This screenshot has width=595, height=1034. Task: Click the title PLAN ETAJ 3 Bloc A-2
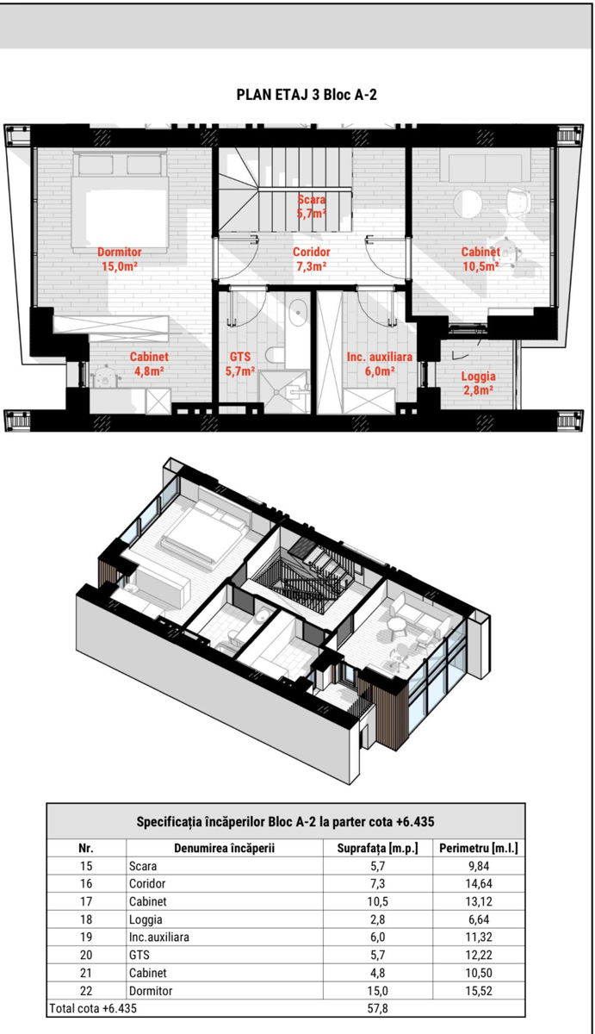(x=307, y=95)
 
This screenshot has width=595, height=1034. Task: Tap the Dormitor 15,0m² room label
(x=120, y=259)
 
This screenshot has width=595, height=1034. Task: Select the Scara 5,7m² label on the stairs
(x=312, y=206)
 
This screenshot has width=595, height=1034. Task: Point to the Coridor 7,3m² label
(x=312, y=259)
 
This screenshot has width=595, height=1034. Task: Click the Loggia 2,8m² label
(x=478, y=383)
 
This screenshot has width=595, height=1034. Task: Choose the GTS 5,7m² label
(x=240, y=364)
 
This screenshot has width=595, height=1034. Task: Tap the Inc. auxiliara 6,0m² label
(x=379, y=364)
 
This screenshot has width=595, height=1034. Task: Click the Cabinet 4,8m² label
(x=149, y=364)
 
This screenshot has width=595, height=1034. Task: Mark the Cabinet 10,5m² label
(x=480, y=259)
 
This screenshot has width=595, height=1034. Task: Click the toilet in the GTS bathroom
(x=275, y=355)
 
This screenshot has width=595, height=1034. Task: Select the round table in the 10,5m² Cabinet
(x=468, y=203)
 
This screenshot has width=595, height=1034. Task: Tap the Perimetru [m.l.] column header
(x=478, y=848)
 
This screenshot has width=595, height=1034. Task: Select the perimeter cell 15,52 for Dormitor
(x=478, y=991)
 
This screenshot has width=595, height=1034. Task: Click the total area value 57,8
(x=377, y=1009)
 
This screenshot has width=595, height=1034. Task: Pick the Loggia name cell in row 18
(x=146, y=919)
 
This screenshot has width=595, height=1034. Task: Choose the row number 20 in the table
(x=86, y=955)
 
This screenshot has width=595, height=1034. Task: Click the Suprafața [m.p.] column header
(x=377, y=848)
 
